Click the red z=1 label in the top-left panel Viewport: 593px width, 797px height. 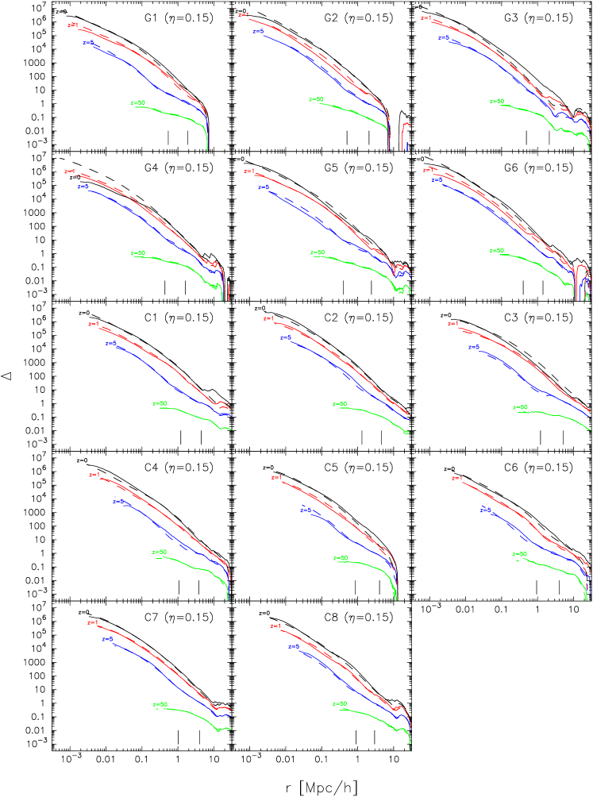point(72,25)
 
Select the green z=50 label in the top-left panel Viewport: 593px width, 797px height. point(138,102)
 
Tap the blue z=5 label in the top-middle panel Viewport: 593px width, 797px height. point(258,31)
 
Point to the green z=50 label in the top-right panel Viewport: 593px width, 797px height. point(497,101)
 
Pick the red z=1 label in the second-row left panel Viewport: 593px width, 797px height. point(69,171)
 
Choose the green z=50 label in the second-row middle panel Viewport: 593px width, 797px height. point(318,252)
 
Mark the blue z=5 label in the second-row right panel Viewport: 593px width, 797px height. point(437,179)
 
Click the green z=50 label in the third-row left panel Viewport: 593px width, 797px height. point(160,403)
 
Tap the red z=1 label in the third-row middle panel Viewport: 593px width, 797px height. point(268,318)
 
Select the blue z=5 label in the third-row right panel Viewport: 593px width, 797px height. point(474,346)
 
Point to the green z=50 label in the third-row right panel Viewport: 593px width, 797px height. point(520,407)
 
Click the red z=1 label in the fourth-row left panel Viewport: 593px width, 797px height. point(94,475)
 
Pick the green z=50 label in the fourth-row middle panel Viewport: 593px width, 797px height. point(341,557)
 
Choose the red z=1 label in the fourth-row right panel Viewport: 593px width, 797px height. point(457,478)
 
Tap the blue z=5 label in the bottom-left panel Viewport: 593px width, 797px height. point(107,638)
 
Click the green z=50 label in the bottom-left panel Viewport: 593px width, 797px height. point(160,704)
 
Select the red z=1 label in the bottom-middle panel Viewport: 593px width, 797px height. point(275,626)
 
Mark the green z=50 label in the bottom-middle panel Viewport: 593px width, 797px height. point(339,704)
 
